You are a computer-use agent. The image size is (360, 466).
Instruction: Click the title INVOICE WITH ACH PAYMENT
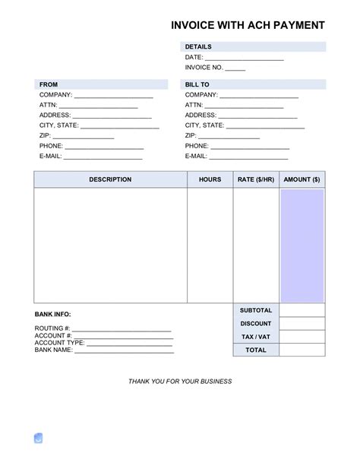coord(248,25)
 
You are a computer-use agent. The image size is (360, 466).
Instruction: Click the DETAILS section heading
coord(198,47)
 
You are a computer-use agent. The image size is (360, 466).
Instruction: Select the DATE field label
coord(194,57)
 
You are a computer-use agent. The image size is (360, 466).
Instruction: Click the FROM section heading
coord(49,84)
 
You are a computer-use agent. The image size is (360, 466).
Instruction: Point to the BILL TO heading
coord(197,84)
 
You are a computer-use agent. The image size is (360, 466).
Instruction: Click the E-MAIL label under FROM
coord(50,156)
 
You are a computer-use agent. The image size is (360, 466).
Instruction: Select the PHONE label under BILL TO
coord(197,146)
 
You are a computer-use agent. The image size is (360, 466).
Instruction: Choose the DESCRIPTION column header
coord(110,179)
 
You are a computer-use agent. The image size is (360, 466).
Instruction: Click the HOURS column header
coord(210,179)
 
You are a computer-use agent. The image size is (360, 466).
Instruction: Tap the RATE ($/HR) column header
coord(256,179)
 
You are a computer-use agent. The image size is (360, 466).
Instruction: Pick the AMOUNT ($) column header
coord(302,179)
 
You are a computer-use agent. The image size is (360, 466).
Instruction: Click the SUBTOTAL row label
coord(256,311)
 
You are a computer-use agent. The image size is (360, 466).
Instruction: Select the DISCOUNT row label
coord(256,324)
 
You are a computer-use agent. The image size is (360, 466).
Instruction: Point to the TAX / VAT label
coord(256,337)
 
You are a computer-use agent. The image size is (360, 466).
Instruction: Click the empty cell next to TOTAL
coord(302,350)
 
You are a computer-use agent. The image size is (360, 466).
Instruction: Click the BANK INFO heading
coord(53,314)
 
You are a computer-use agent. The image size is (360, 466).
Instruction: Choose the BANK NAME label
coord(54,350)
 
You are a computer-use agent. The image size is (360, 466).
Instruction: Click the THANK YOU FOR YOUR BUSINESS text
coord(180,381)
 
